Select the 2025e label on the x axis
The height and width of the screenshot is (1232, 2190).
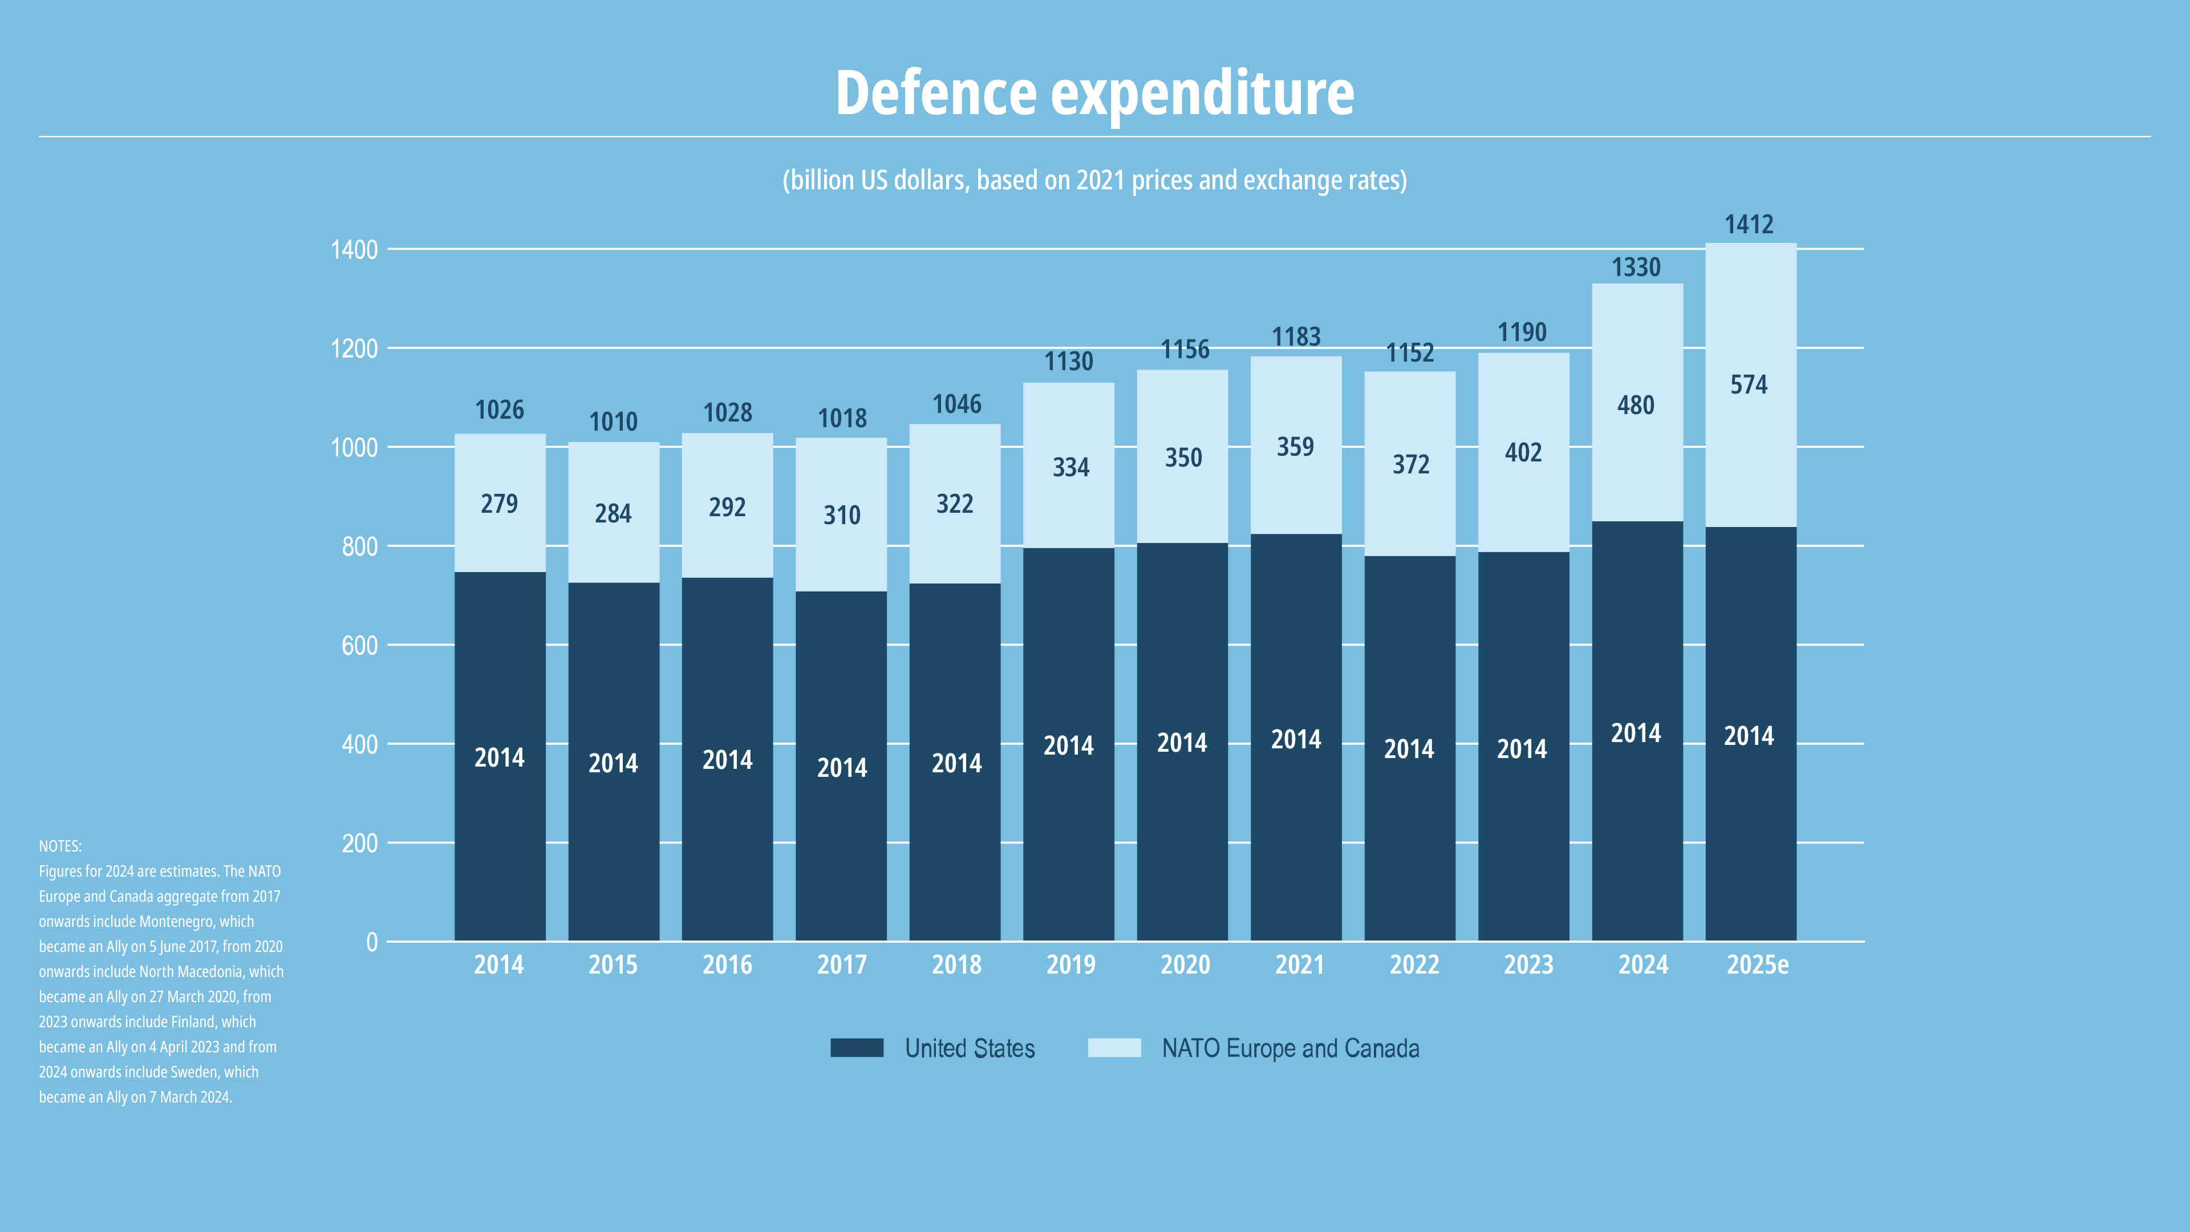(x=1757, y=965)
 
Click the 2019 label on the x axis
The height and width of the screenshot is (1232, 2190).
(x=1070, y=965)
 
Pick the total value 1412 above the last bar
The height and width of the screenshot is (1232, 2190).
(x=1749, y=225)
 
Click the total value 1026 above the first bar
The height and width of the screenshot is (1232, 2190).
(x=499, y=410)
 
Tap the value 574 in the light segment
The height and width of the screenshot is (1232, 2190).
(x=1749, y=385)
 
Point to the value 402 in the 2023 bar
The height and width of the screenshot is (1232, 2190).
(x=1523, y=452)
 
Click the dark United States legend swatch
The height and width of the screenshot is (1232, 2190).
(x=856, y=1048)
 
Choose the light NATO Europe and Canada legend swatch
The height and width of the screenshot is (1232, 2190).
(x=1114, y=1048)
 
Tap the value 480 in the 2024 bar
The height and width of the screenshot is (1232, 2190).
(x=1636, y=406)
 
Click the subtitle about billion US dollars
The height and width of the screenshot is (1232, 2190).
(x=1094, y=180)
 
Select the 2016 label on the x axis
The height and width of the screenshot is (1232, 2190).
(x=727, y=965)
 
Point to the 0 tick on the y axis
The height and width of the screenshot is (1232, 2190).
(x=371, y=942)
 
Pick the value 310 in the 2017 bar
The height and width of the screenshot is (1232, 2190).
(x=842, y=515)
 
